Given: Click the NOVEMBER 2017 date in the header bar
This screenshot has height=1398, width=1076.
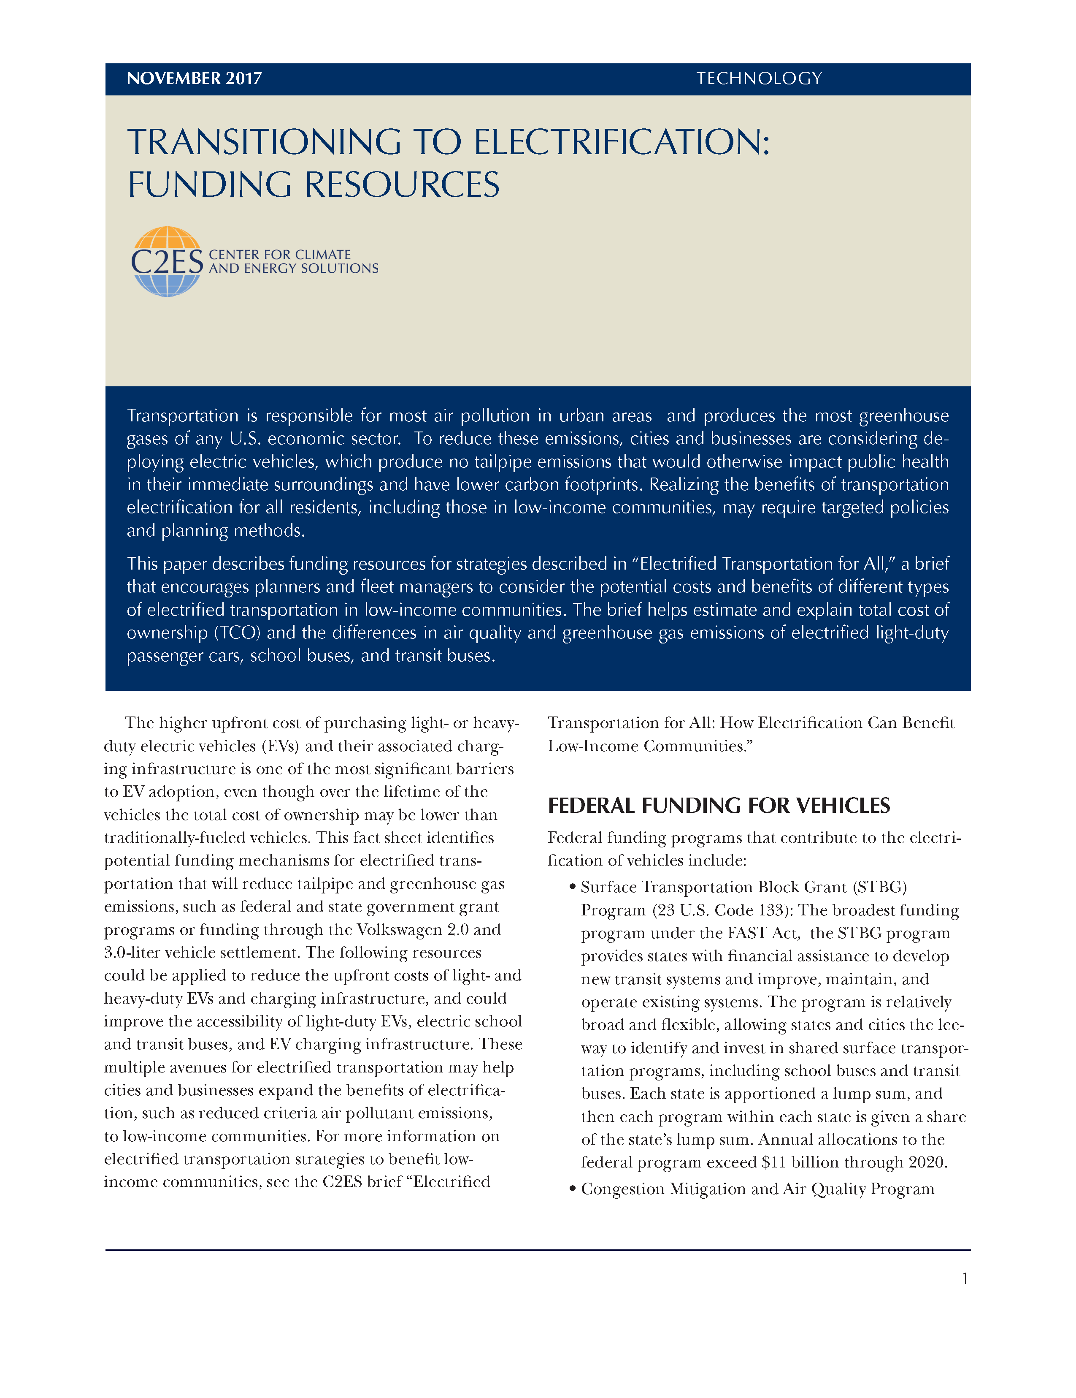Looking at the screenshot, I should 195,79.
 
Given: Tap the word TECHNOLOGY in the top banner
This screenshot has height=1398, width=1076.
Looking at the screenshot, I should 759,79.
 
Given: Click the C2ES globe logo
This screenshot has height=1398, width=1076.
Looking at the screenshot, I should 167,261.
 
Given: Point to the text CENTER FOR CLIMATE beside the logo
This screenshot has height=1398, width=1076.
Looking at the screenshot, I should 280,254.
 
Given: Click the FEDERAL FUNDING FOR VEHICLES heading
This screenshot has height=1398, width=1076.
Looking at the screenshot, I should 719,805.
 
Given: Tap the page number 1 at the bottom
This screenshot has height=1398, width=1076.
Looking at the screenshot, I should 965,1279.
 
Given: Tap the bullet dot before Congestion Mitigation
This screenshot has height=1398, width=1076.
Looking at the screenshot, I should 573,1189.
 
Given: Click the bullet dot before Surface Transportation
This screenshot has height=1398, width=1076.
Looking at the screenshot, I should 573,887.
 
